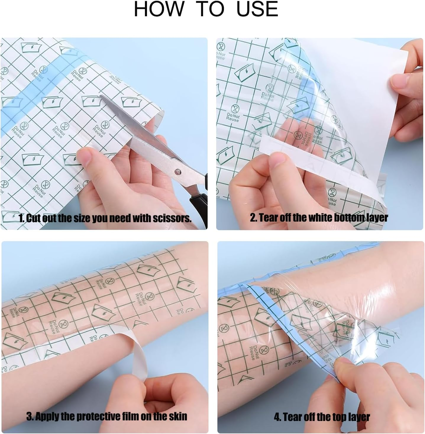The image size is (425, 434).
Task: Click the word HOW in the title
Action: click(x=159, y=9)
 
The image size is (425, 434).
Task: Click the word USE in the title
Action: click(x=257, y=9)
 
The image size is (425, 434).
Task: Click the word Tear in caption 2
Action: click(x=269, y=218)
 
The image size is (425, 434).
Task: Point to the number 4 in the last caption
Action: click(x=277, y=417)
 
